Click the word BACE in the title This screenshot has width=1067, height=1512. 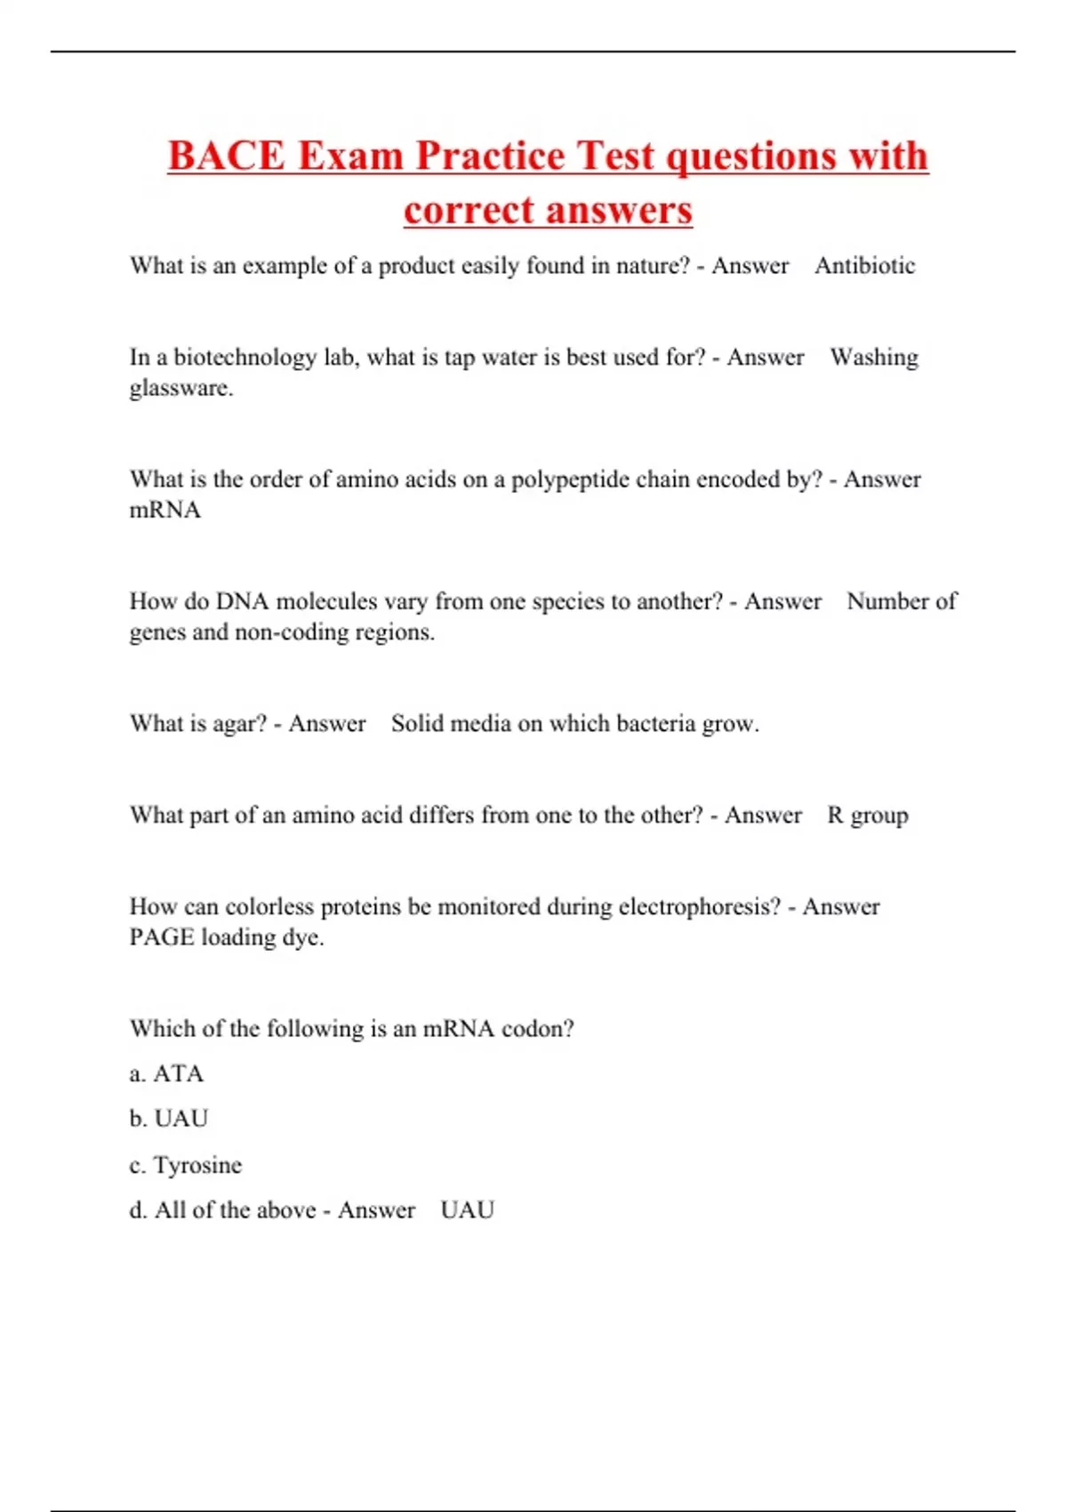click(227, 156)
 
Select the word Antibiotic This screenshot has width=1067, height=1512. click(864, 266)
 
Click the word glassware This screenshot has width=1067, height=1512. click(181, 389)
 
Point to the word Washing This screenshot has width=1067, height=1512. click(874, 358)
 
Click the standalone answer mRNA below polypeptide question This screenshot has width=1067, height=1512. click(165, 511)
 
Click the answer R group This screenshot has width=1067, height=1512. click(868, 816)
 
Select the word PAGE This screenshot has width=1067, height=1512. click(161, 937)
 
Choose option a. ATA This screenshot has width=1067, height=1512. click(167, 1074)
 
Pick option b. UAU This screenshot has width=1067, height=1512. click(169, 1119)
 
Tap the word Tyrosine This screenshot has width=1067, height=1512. click(197, 1165)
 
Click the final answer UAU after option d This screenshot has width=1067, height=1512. click(467, 1210)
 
